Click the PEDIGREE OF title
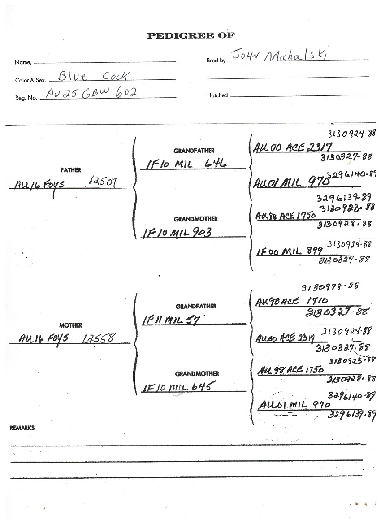[x=190, y=36]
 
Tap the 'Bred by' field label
[x=216, y=60]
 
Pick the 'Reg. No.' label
[x=26, y=97]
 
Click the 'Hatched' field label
[x=217, y=95]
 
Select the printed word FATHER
[x=70, y=170]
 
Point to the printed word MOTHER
[x=70, y=325]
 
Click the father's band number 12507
[x=103, y=181]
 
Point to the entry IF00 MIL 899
[x=290, y=252]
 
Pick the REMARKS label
[x=22, y=428]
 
